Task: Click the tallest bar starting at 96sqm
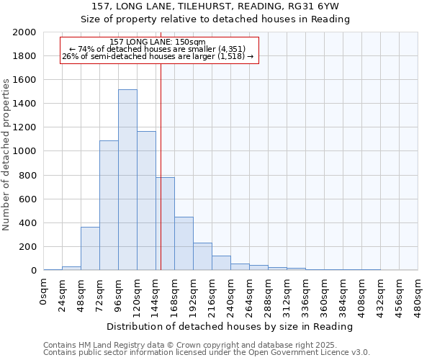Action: point(127,180)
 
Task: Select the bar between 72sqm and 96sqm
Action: point(109,205)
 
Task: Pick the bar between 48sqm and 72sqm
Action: point(90,248)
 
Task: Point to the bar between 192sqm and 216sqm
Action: point(202,256)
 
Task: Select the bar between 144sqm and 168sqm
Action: point(165,224)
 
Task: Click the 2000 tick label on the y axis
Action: point(24,32)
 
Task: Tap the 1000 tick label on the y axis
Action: point(24,151)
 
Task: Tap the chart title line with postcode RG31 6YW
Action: point(215,6)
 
